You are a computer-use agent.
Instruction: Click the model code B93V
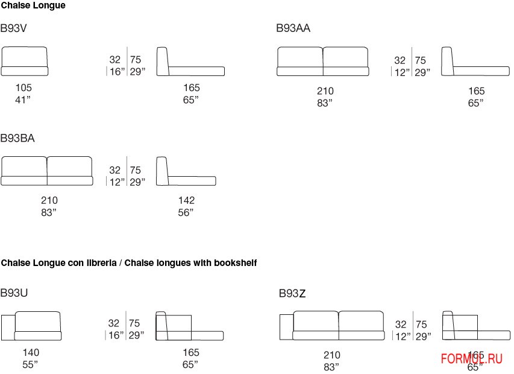point(13,28)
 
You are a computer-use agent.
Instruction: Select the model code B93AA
point(293,28)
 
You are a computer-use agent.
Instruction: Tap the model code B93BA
point(17,138)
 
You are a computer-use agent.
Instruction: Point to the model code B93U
point(14,293)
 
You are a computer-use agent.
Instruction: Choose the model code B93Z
point(292,294)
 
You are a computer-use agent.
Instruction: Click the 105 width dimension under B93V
point(24,88)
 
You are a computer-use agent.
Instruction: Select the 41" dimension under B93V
point(23,100)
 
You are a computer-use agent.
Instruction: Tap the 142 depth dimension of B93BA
point(186,200)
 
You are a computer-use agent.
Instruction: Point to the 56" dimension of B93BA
point(186,212)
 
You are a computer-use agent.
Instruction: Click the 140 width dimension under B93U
point(31,352)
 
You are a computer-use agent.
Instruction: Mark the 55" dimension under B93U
point(30,364)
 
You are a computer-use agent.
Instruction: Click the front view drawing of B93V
point(25,62)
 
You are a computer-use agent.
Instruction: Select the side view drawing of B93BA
point(186,172)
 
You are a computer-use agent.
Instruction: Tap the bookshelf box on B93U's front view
point(8,328)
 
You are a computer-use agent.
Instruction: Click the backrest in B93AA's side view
point(447,61)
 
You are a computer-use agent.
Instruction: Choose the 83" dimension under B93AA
point(324,103)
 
